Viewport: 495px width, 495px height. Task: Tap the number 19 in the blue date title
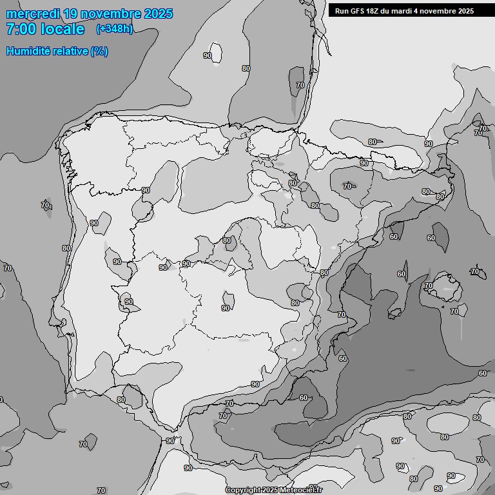(72, 14)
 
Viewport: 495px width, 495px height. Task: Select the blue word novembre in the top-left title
(112, 14)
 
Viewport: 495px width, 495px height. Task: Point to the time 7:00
(19, 29)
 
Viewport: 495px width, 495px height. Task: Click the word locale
(63, 29)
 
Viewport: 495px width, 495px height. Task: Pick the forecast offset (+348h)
(114, 29)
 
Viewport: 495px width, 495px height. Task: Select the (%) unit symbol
(99, 51)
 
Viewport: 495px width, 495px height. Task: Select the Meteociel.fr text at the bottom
(302, 490)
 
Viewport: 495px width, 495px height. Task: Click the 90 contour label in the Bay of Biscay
(208, 55)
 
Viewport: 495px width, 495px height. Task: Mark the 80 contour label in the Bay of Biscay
(246, 68)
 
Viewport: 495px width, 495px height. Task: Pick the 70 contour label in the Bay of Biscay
(300, 85)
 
